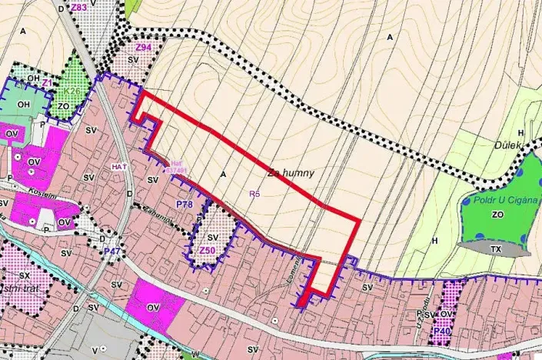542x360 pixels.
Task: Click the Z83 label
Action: click(x=78, y=7)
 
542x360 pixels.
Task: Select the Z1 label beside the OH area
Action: click(x=47, y=82)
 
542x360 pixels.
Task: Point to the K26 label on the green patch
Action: click(x=72, y=92)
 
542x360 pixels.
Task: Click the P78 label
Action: click(x=184, y=205)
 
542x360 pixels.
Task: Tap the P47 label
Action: click(x=112, y=251)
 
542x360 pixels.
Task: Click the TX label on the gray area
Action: click(x=495, y=249)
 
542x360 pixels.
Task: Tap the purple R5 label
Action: click(x=255, y=195)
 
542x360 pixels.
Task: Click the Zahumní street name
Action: click(x=154, y=215)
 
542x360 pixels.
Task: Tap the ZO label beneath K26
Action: click(x=63, y=105)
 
